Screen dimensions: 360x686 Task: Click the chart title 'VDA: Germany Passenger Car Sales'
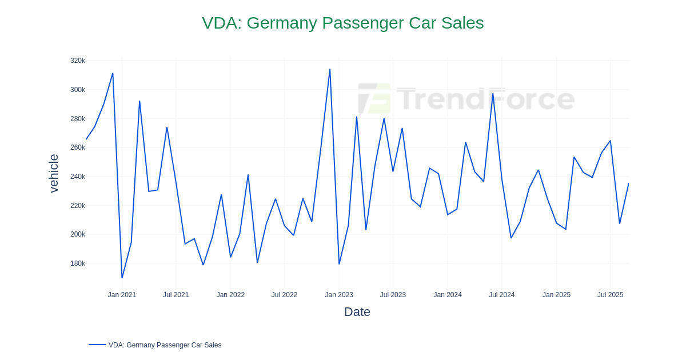[x=342, y=23]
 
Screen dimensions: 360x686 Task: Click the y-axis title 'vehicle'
[x=54, y=173]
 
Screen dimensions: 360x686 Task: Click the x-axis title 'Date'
[x=357, y=312]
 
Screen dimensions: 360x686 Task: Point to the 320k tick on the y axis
[x=78, y=61]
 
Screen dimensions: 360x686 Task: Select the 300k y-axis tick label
[x=78, y=90]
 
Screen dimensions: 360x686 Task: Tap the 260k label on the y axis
[x=78, y=147]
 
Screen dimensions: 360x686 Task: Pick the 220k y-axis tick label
[x=78, y=206]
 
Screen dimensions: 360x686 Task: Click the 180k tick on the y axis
[x=78, y=263]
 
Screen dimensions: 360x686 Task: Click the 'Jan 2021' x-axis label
[x=122, y=295]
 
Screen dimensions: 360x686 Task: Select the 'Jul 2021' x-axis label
[x=176, y=295]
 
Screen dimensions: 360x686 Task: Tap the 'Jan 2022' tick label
[x=230, y=295]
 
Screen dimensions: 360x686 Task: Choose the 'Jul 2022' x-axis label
[x=284, y=295]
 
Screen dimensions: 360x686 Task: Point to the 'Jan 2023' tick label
[x=339, y=295]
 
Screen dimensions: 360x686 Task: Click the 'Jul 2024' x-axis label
[x=501, y=295]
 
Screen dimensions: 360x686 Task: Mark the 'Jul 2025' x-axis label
[x=610, y=295]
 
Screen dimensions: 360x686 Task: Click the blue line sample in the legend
[x=97, y=345]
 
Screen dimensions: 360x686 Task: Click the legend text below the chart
[x=165, y=345]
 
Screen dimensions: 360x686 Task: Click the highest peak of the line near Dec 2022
[x=330, y=70]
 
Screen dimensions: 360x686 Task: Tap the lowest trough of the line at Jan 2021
[x=122, y=278]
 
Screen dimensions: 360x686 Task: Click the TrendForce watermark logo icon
[x=374, y=99]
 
